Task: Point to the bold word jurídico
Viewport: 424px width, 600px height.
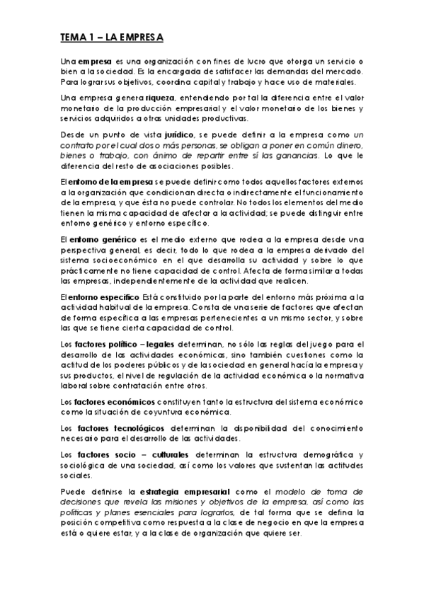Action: coord(163,132)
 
